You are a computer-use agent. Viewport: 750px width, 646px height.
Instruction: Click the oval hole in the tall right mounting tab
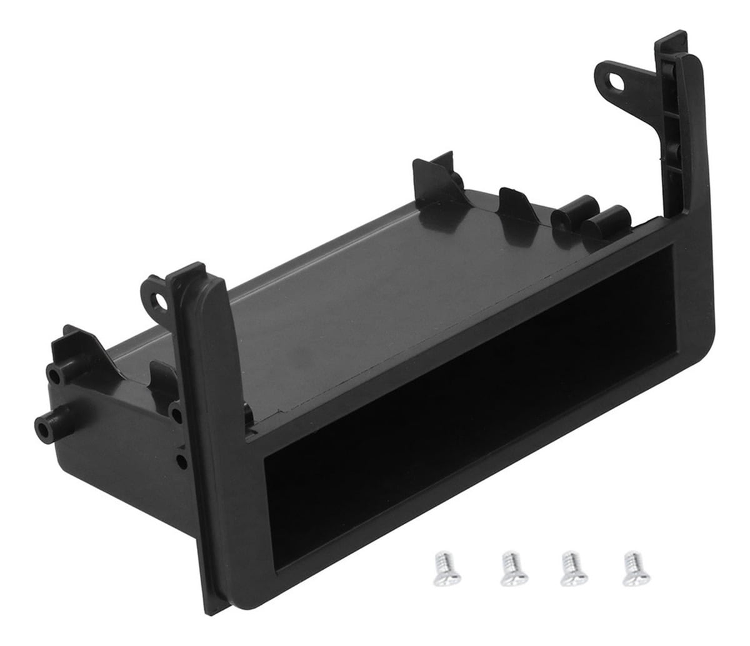pos(620,79)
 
